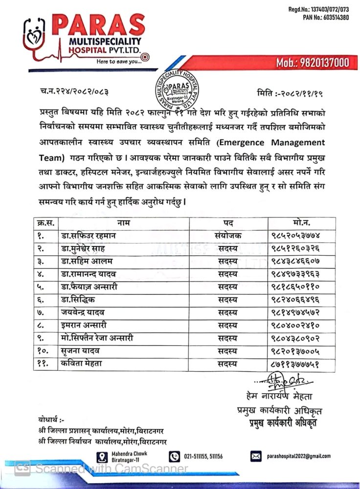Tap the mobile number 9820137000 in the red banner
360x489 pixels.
tap(313, 62)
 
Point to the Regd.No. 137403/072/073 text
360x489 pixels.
tap(318, 9)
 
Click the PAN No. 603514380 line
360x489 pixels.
tap(326, 17)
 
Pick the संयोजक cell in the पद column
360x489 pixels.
tap(225, 235)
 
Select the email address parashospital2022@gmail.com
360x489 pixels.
tap(298, 456)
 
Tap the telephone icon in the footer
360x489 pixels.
tap(175, 456)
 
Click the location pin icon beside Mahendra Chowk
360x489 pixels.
tap(102, 456)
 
